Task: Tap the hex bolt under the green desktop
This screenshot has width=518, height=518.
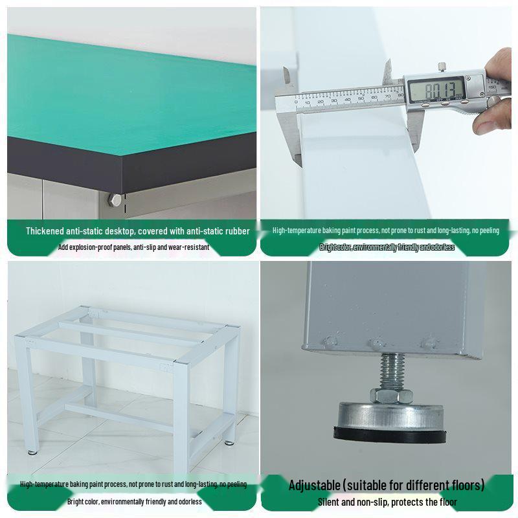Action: click(x=115, y=200)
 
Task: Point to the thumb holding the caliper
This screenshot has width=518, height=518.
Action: click(x=493, y=117)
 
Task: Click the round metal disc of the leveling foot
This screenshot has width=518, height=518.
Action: click(x=388, y=414)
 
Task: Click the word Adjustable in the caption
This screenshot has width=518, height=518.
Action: click(x=314, y=485)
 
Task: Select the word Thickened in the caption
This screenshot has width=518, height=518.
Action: click(x=47, y=231)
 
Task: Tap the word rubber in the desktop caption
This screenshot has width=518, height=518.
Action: click(x=236, y=231)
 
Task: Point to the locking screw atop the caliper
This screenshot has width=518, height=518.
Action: click(x=442, y=67)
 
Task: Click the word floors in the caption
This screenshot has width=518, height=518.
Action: click(x=466, y=485)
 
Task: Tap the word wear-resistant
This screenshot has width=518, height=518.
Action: click(x=188, y=247)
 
